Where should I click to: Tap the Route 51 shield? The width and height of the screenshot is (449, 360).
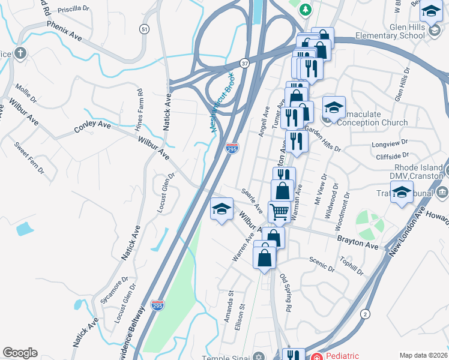(x=143, y=29)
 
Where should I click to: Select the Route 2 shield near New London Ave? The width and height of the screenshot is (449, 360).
(x=365, y=314)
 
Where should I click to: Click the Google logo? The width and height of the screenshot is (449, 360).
(x=20, y=353)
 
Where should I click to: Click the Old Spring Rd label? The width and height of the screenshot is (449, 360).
(x=285, y=292)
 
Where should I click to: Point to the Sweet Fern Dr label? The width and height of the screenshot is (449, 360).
(x=29, y=157)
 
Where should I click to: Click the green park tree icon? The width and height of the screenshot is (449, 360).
(x=306, y=10)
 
